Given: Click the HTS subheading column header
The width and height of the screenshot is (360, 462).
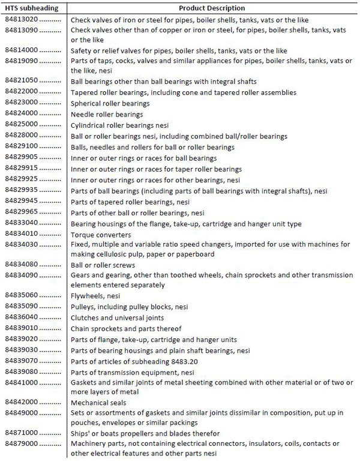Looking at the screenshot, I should [30, 8].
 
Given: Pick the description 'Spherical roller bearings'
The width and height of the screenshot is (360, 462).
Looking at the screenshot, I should [110, 103].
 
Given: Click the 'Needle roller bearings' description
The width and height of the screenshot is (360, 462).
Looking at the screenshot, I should [107, 114].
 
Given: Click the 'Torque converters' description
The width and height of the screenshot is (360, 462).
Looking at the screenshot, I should [101, 235].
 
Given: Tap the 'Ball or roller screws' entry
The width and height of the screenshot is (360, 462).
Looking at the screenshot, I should [103, 265].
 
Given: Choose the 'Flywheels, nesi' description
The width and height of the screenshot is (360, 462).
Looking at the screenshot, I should [95, 296].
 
